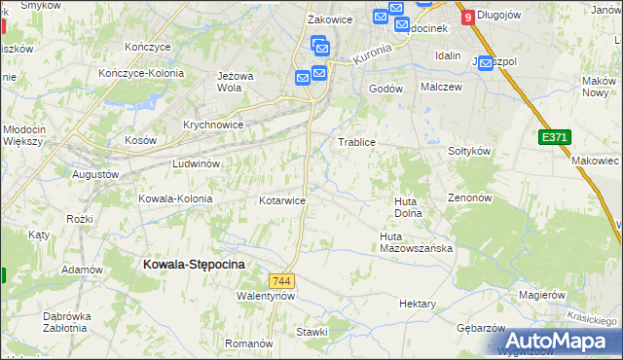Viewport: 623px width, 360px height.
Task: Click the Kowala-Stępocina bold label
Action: (x=194, y=263)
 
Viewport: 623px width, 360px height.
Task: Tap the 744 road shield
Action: (x=283, y=280)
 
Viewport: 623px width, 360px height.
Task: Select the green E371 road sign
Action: (x=554, y=139)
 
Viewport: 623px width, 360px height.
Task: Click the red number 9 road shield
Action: (x=469, y=17)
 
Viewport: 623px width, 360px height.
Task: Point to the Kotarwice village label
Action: (x=283, y=200)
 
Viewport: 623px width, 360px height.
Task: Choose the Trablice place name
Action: (x=356, y=142)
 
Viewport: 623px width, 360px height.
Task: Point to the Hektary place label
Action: (x=417, y=305)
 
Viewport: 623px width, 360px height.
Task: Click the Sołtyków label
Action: (x=467, y=152)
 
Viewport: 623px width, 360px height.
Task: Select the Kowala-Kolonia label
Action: (x=175, y=198)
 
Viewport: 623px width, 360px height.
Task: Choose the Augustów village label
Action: (x=95, y=174)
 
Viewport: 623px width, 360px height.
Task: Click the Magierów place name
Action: (x=542, y=295)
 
